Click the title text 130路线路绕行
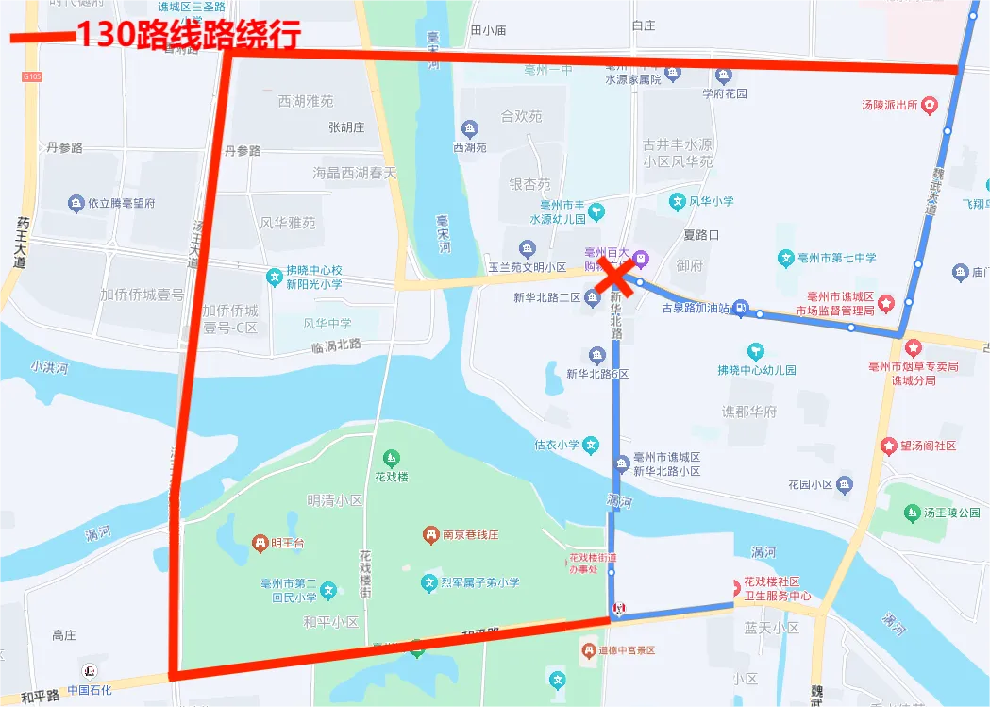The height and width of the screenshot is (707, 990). [188, 35]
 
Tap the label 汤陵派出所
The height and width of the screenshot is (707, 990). [889, 106]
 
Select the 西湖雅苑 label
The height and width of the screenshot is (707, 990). [306, 101]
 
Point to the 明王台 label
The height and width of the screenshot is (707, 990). [287, 543]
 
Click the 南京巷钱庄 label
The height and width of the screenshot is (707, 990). [473, 534]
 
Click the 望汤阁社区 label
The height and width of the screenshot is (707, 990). [929, 446]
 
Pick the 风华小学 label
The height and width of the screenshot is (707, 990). [711, 201]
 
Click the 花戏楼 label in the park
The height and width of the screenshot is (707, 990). [391, 477]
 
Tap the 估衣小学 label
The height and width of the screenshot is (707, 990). [557, 445]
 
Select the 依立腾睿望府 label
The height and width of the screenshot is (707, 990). [122, 203]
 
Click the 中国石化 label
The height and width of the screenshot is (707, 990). [90, 690]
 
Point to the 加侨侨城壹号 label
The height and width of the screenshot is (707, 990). [142, 295]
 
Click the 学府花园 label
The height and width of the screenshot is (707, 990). [725, 93]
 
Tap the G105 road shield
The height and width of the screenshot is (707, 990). [32, 76]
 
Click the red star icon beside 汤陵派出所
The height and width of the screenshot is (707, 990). [930, 106]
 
